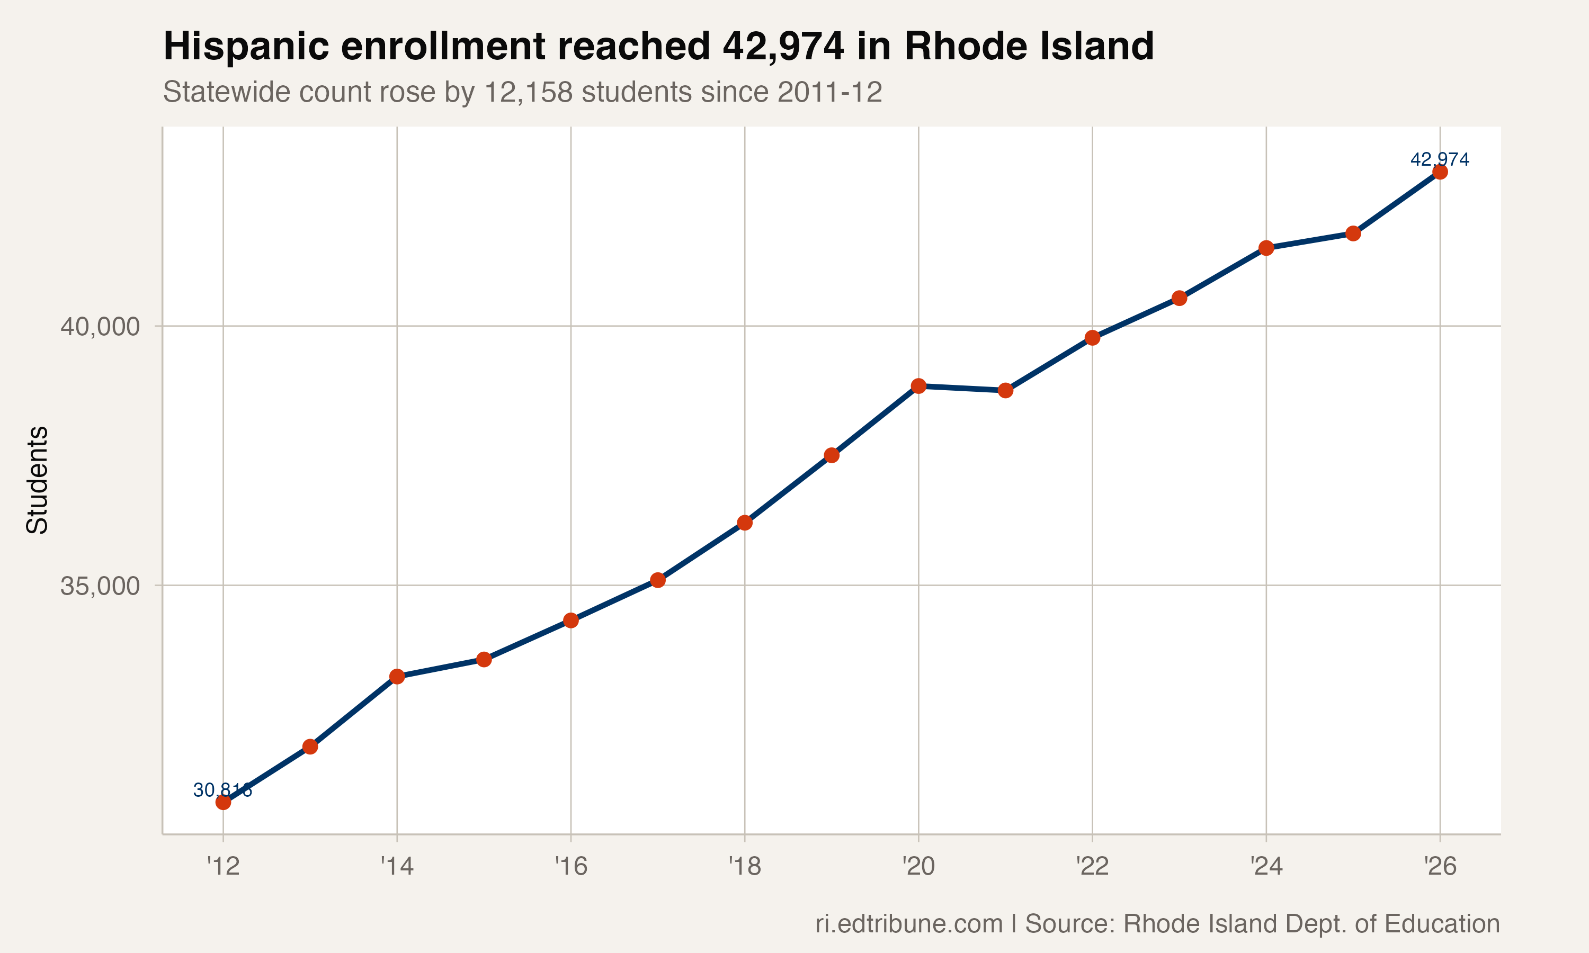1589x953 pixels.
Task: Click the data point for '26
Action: pyautogui.click(x=1440, y=172)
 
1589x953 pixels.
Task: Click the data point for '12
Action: pyautogui.click(x=223, y=802)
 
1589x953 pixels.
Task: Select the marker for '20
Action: pyautogui.click(x=918, y=386)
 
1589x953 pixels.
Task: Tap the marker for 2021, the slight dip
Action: pyautogui.click(x=1005, y=390)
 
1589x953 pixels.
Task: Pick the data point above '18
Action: pyautogui.click(x=744, y=523)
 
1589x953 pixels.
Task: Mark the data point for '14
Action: pyautogui.click(x=397, y=676)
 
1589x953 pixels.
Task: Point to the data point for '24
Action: pyautogui.click(x=1266, y=248)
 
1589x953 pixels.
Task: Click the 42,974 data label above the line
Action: pyautogui.click(x=1439, y=159)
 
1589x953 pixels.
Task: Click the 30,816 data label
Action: pyautogui.click(x=222, y=790)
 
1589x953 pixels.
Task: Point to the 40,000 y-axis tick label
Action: pyautogui.click(x=100, y=327)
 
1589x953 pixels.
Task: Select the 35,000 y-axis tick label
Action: pyautogui.click(x=100, y=586)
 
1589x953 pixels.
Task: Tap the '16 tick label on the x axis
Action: pyautogui.click(x=571, y=867)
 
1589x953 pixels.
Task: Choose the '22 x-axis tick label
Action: pyautogui.click(x=1092, y=867)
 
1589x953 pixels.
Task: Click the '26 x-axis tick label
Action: pyautogui.click(x=1440, y=867)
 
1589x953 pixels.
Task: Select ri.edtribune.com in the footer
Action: pyautogui.click(x=909, y=924)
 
